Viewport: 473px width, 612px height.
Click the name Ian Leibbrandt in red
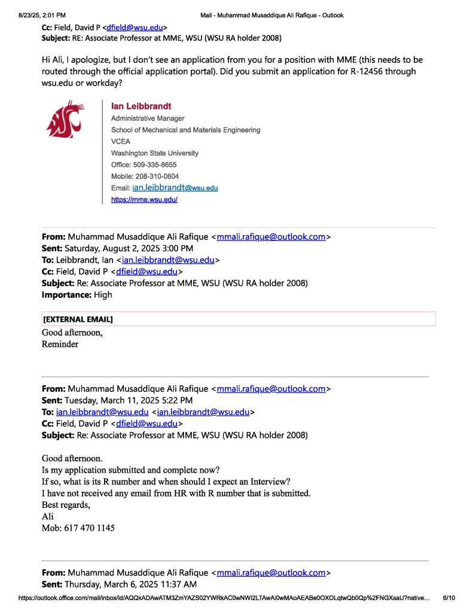tap(141, 106)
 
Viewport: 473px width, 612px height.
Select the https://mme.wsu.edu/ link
tap(144, 199)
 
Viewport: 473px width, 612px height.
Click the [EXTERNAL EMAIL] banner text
tap(78, 319)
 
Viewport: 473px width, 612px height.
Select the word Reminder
tap(60, 344)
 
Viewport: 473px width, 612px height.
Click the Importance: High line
tap(77, 294)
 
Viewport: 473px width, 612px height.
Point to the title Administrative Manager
tap(148, 118)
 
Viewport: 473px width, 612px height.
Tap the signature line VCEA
tap(120, 141)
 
